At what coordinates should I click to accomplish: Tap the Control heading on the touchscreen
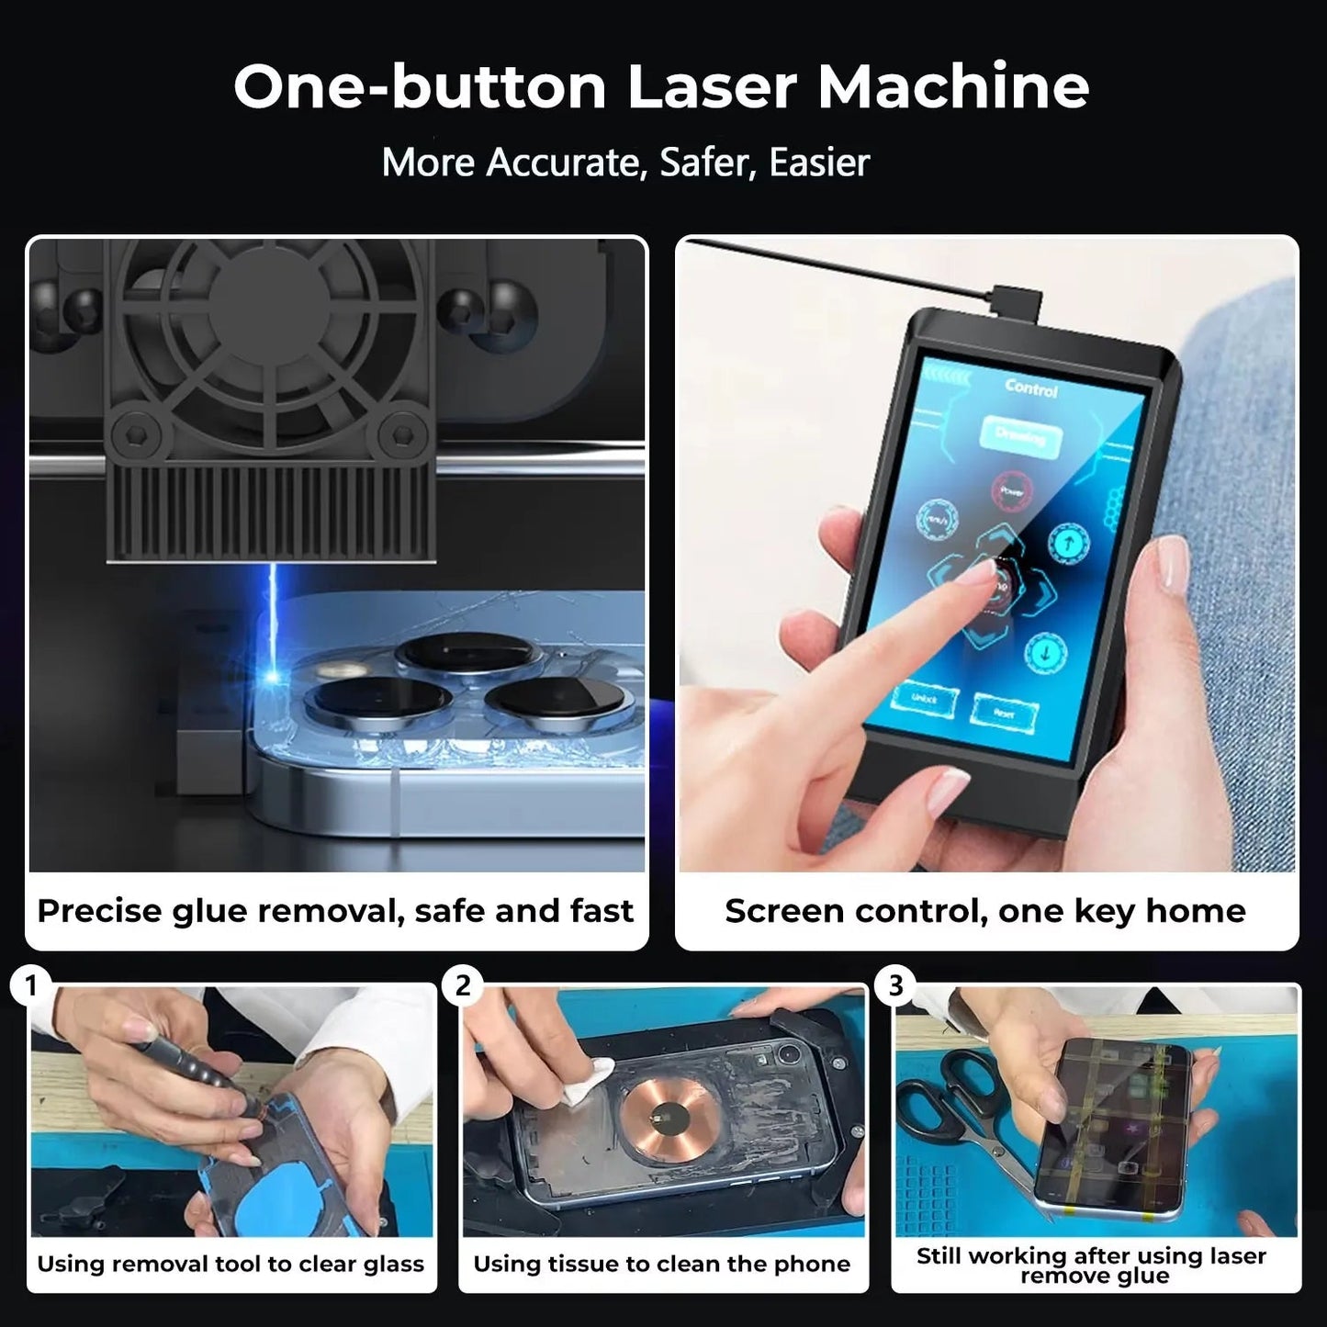pyautogui.click(x=1030, y=389)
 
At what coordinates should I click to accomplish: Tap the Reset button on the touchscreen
pyautogui.click(x=1005, y=712)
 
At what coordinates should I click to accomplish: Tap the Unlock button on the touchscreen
pyautogui.click(x=924, y=699)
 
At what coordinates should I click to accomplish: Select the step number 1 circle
pyautogui.click(x=31, y=986)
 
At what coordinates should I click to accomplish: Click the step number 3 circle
pyautogui.click(x=895, y=986)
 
